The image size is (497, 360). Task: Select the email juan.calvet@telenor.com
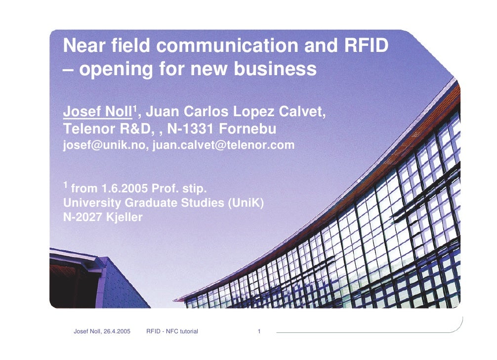pyautogui.click(x=223, y=145)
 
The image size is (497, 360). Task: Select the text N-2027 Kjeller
pyautogui.click(x=103, y=217)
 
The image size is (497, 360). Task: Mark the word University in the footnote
pyautogui.click(x=91, y=203)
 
